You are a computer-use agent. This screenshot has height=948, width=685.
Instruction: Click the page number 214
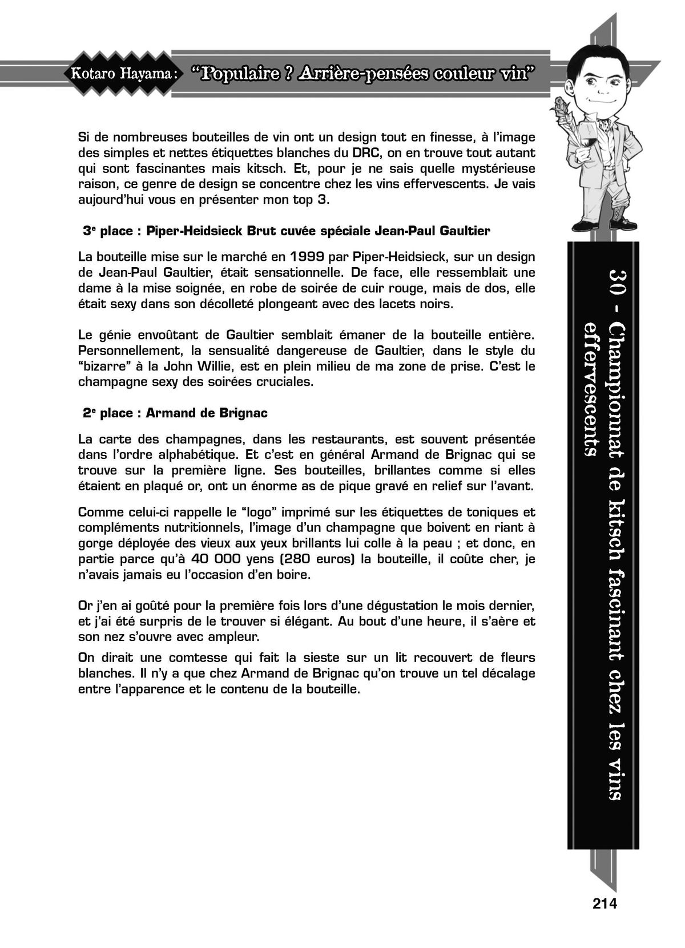click(x=605, y=903)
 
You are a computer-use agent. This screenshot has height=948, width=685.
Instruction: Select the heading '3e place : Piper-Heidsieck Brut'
click(x=285, y=231)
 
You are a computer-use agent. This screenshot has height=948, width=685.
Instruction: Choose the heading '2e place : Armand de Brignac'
click(x=175, y=413)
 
